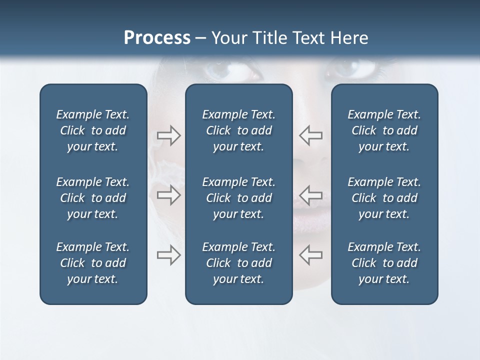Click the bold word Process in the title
point(157,38)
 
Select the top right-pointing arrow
point(168,135)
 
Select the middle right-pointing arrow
point(168,195)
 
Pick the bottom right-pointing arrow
point(168,255)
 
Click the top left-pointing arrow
point(310,135)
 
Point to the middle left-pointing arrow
point(310,195)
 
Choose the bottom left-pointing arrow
point(310,255)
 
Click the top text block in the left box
point(93,130)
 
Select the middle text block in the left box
point(93,198)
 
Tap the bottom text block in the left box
point(93,263)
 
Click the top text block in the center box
point(238,130)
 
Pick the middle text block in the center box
point(238,198)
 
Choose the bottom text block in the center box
point(238,263)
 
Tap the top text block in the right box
point(384,130)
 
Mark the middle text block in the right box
point(384,198)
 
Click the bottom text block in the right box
point(384,263)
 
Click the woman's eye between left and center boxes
point(227,70)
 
